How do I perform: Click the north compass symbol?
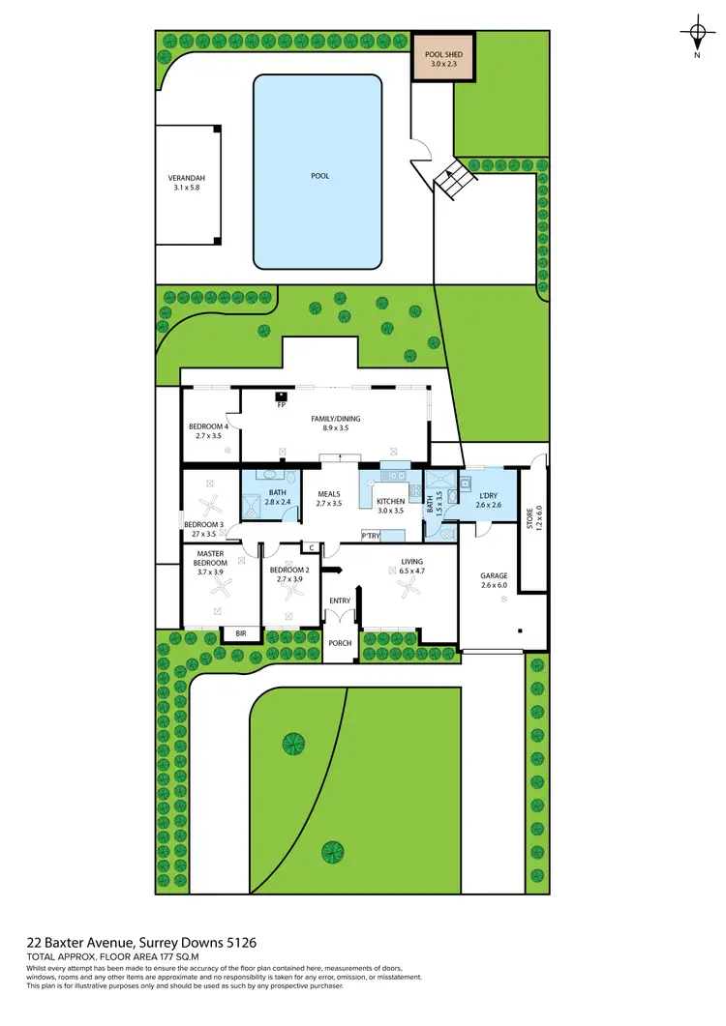tap(696, 36)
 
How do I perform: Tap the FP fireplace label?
tap(281, 404)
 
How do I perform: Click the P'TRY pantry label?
tap(370, 535)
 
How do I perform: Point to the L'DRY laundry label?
tap(488, 497)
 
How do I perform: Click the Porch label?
tap(340, 643)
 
